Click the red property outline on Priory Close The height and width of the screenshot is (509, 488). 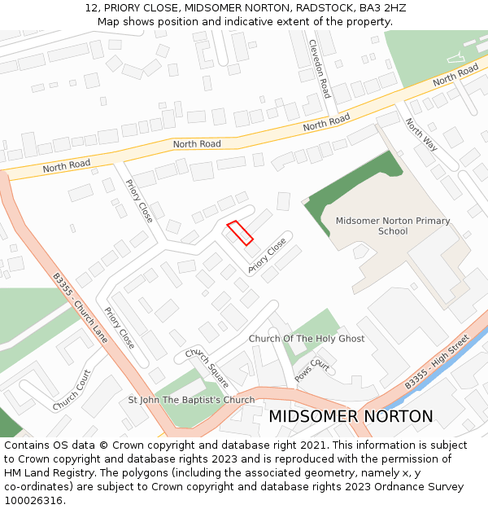click(x=239, y=232)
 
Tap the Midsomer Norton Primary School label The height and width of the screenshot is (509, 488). click(x=393, y=226)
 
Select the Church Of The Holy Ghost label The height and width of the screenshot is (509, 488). click(x=307, y=339)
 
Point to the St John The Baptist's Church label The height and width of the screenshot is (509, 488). click(x=191, y=400)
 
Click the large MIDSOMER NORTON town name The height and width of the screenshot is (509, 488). click(x=351, y=416)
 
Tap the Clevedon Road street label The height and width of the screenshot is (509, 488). click(x=319, y=69)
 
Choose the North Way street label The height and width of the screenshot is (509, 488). click(x=421, y=135)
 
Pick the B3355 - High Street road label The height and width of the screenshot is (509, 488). click(x=438, y=361)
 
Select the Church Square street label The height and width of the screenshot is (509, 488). click(x=207, y=368)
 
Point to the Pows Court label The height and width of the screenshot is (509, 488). click(x=312, y=371)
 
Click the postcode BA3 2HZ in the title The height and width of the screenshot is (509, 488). click(x=382, y=8)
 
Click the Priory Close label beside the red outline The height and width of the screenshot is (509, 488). click(x=268, y=255)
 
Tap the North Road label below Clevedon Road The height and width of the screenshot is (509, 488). click(x=326, y=123)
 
